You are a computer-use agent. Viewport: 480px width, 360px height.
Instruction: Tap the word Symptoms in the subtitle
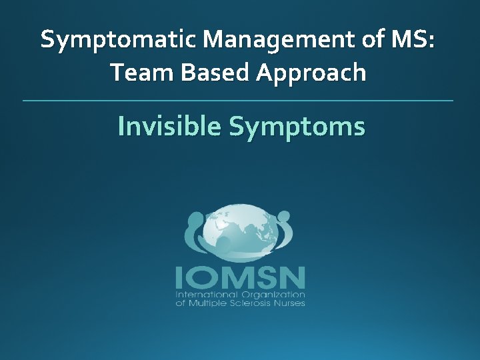coord(297,127)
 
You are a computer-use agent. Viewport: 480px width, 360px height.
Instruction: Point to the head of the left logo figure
coord(195,219)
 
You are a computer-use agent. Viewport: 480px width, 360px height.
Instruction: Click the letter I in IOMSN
coord(179,277)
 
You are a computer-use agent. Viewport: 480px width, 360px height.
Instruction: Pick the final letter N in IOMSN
coord(293,277)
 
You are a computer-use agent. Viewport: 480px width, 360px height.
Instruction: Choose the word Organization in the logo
coord(271,295)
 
